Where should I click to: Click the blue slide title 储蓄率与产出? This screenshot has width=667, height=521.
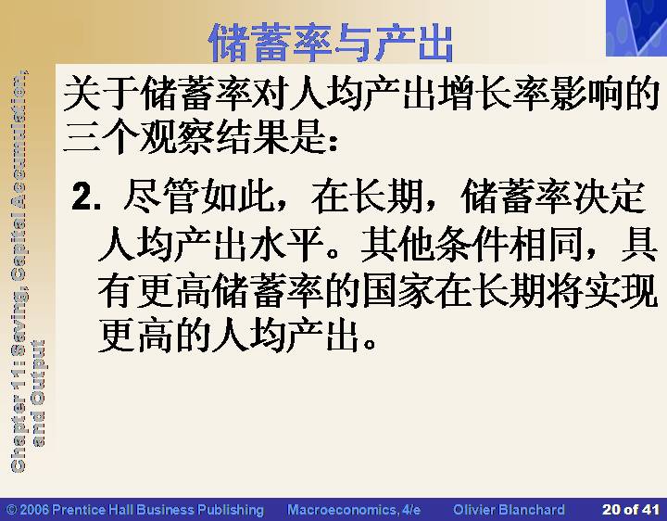pyautogui.click(x=331, y=43)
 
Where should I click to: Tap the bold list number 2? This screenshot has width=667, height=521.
pyautogui.click(x=87, y=197)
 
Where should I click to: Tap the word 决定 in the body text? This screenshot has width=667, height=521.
pyautogui.click(x=609, y=197)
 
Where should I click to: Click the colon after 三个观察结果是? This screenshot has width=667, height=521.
pyautogui.click(x=333, y=142)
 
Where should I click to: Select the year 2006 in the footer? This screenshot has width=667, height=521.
pyautogui.click(x=33, y=510)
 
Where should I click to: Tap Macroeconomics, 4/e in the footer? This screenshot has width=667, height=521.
pyautogui.click(x=354, y=510)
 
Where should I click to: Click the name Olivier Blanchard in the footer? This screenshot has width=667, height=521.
pyautogui.click(x=509, y=510)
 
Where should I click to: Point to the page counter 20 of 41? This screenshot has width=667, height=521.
pyautogui.click(x=631, y=510)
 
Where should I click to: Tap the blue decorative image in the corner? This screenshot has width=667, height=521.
pyautogui.click(x=636, y=28)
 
